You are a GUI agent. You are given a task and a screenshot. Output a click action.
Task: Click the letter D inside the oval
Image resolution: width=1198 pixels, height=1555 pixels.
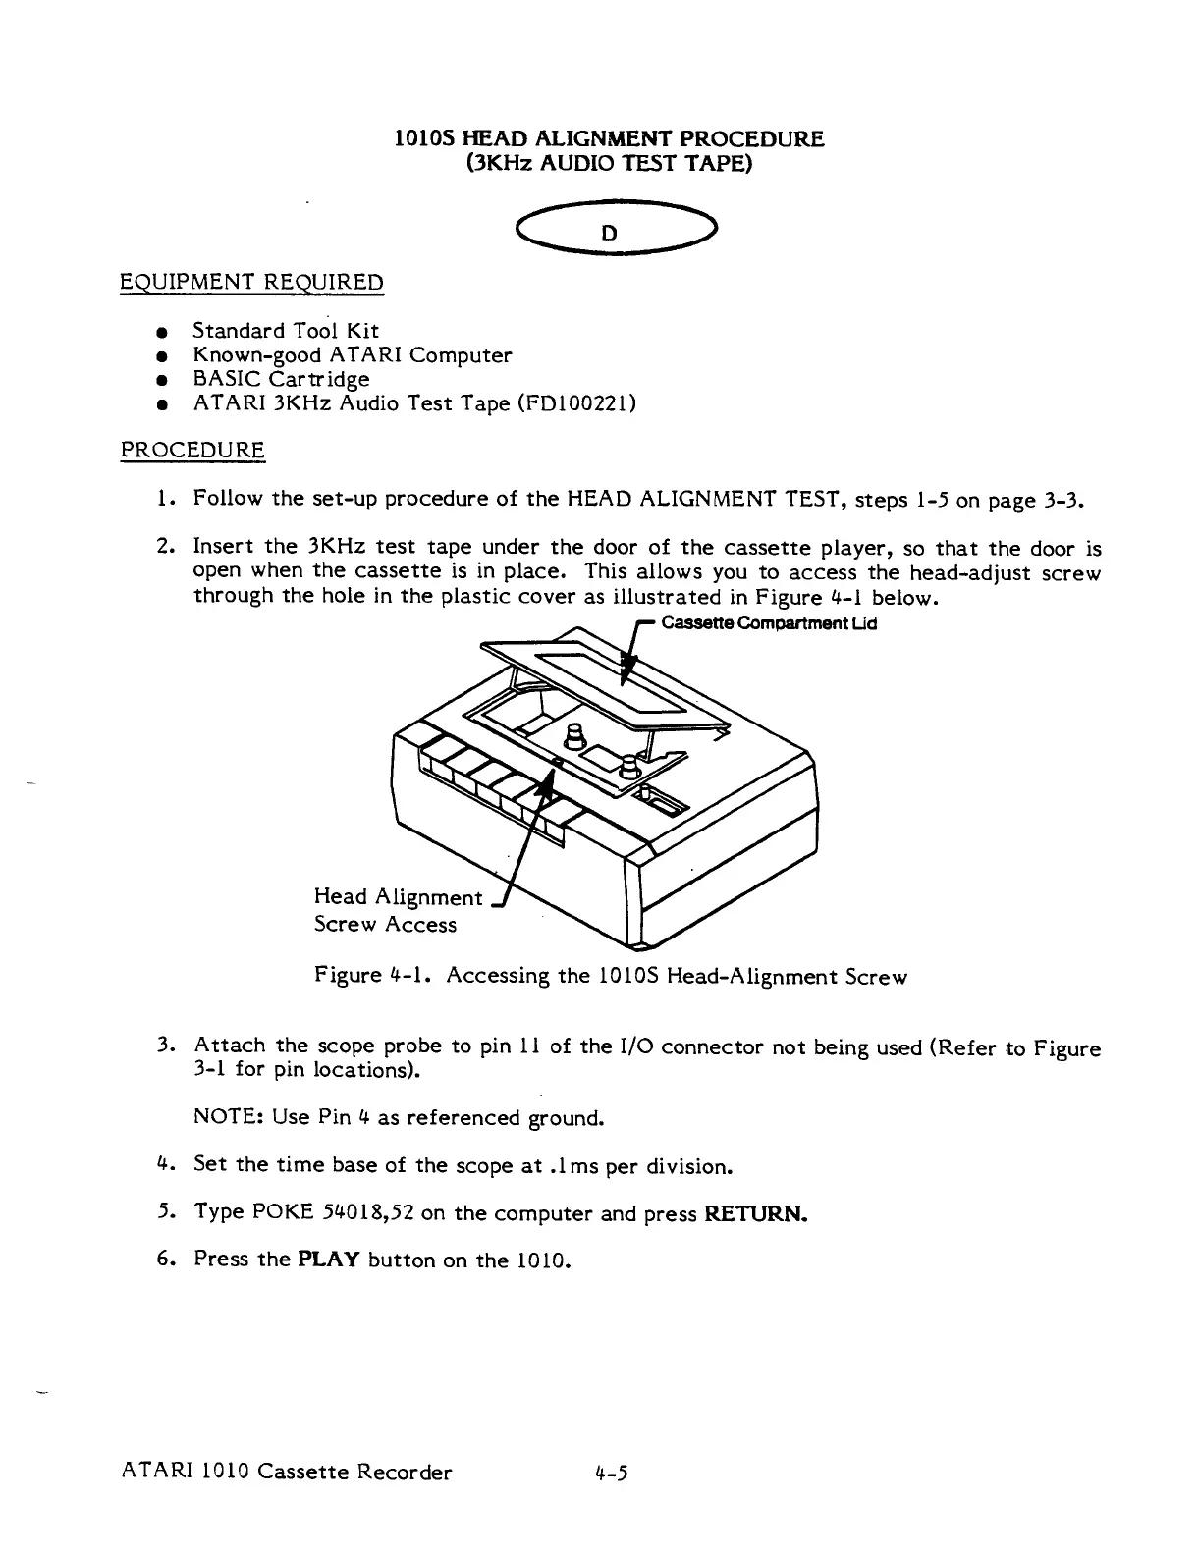coord(610,234)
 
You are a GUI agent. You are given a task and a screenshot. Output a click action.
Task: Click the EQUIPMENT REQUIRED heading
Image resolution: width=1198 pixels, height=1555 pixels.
coord(251,283)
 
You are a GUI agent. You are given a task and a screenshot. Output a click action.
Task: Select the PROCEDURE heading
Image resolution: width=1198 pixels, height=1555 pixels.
coord(192,451)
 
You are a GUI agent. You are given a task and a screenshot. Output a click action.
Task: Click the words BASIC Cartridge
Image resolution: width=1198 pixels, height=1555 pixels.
coord(281,379)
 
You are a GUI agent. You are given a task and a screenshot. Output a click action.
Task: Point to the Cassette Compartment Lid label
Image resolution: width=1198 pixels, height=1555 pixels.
coord(769,623)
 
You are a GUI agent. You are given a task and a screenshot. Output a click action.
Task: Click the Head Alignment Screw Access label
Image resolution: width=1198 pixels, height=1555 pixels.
coord(397,910)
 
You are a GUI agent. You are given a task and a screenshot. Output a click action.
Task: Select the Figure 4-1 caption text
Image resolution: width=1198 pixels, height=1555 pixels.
coord(611,976)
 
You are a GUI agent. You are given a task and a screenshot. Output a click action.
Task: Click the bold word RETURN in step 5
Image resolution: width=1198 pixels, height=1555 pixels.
coord(755,1213)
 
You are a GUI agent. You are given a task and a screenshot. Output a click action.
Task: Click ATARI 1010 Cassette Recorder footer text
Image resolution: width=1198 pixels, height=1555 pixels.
coord(287,1473)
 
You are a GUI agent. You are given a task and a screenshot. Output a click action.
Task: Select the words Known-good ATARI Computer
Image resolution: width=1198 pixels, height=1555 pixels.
coord(352,354)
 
